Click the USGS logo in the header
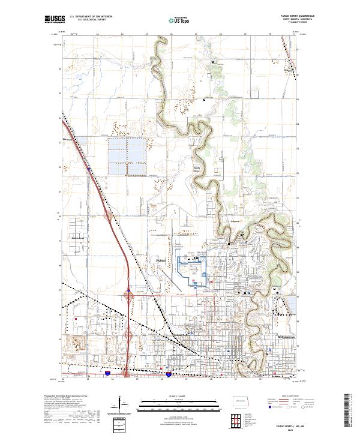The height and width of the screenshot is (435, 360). (x=54, y=20)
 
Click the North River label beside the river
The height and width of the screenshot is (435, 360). (x=196, y=170)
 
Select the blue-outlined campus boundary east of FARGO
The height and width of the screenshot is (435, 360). (x=191, y=271)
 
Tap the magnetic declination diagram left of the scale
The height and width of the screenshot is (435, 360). (x=122, y=404)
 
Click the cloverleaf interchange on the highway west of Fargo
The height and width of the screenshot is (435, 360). (x=129, y=295)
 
